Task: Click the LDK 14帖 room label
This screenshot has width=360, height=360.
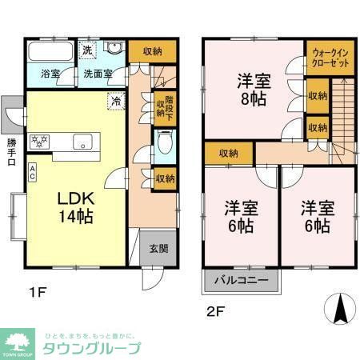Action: pyautogui.click(x=69, y=206)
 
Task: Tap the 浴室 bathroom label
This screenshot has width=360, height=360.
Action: pyautogui.click(x=50, y=74)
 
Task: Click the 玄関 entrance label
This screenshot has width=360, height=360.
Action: pyautogui.click(x=158, y=248)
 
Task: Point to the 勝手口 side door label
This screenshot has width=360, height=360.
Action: pyautogui.click(x=11, y=152)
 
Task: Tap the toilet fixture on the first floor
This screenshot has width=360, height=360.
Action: pyautogui.click(x=164, y=143)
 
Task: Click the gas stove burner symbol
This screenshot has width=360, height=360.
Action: pyautogui.click(x=40, y=142)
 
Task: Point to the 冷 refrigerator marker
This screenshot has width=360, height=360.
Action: pyautogui.click(x=116, y=101)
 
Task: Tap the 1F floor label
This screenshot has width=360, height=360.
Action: pyautogui.click(x=34, y=292)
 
